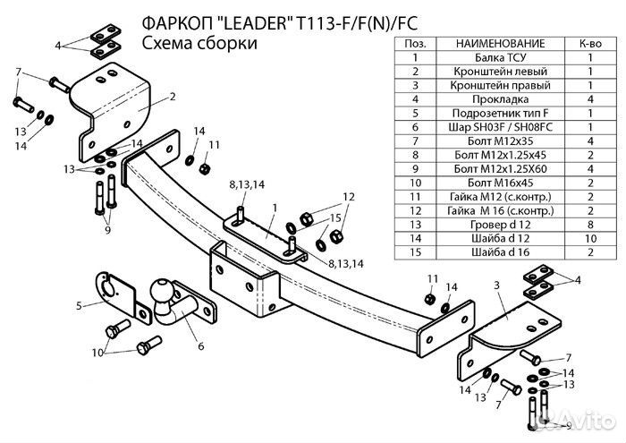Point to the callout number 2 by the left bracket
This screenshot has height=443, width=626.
pyautogui.click(x=171, y=96)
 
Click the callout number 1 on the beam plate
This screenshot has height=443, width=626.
pyautogui.click(x=276, y=208)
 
